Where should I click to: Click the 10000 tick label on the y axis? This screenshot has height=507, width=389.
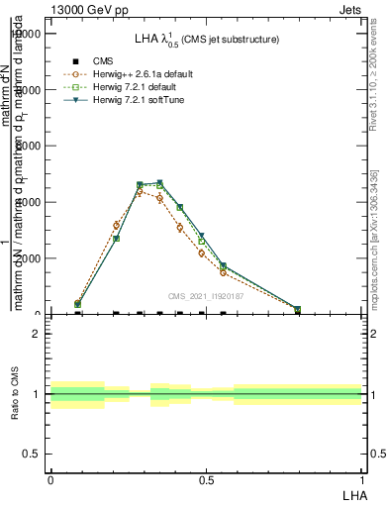coord(27,33)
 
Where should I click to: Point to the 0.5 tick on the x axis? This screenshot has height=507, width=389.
coord(206,478)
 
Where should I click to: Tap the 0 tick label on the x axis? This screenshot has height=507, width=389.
coord(50,478)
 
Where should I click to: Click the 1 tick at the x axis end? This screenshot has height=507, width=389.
coord(361,478)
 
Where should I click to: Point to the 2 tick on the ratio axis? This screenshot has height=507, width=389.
coord(37,334)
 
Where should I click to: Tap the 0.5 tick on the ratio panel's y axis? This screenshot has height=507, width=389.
coord(32,454)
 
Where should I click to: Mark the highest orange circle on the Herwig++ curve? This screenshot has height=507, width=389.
coord(140,191)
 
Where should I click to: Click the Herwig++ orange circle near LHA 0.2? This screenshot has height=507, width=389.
coord(117,226)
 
